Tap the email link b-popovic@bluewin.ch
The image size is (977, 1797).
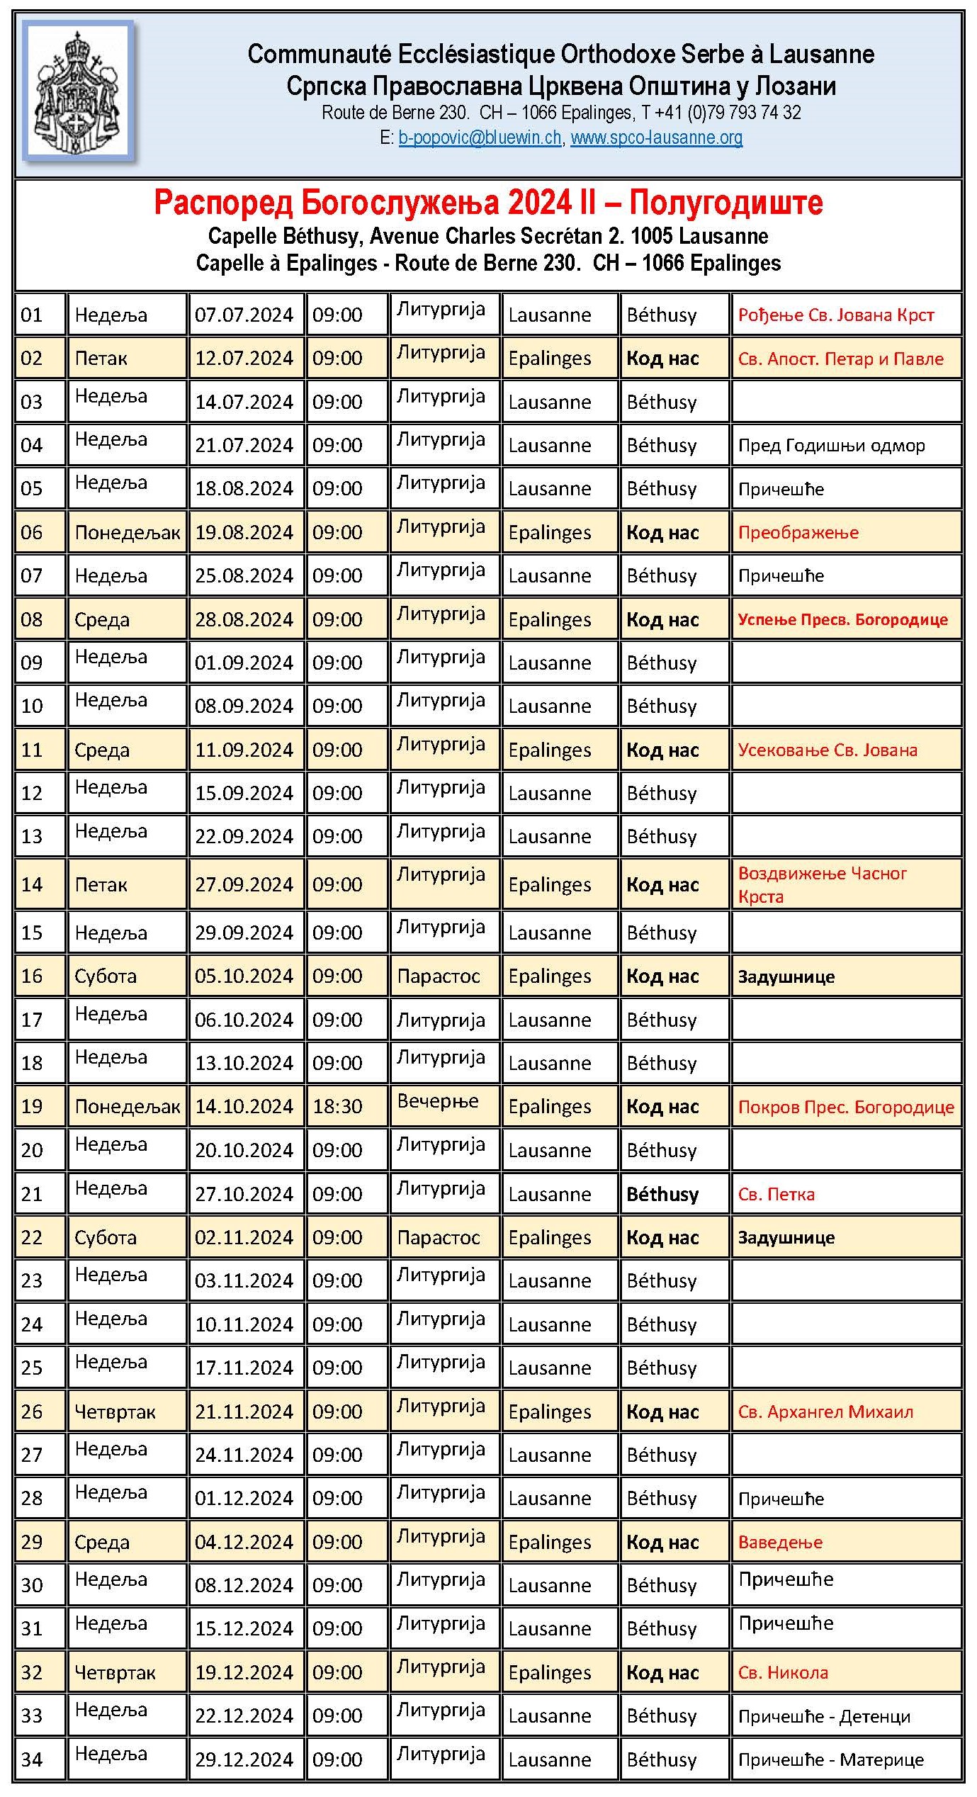click(x=480, y=137)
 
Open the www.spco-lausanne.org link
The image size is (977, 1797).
click(x=656, y=137)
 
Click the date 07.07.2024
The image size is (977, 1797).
click(x=244, y=315)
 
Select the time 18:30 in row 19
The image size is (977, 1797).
click(x=337, y=1107)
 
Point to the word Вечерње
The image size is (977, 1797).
click(x=438, y=1102)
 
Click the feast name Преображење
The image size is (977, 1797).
click(x=798, y=533)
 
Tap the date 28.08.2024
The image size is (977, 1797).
click(x=244, y=620)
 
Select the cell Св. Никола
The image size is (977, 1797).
click(x=783, y=1672)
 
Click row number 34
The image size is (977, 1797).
click(x=32, y=1759)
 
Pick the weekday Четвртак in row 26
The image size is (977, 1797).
click(x=115, y=1412)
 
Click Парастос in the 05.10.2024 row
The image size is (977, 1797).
click(x=439, y=976)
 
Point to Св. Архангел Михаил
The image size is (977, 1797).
click(x=825, y=1412)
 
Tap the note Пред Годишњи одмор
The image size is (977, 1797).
click(x=831, y=446)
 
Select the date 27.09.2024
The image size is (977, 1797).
click(x=244, y=885)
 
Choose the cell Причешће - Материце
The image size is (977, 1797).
click(x=830, y=1759)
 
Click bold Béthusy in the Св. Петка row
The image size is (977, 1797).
click(x=662, y=1195)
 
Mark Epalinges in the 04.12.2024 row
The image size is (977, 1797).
click(x=549, y=1543)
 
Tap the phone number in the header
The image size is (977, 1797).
click(x=730, y=113)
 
